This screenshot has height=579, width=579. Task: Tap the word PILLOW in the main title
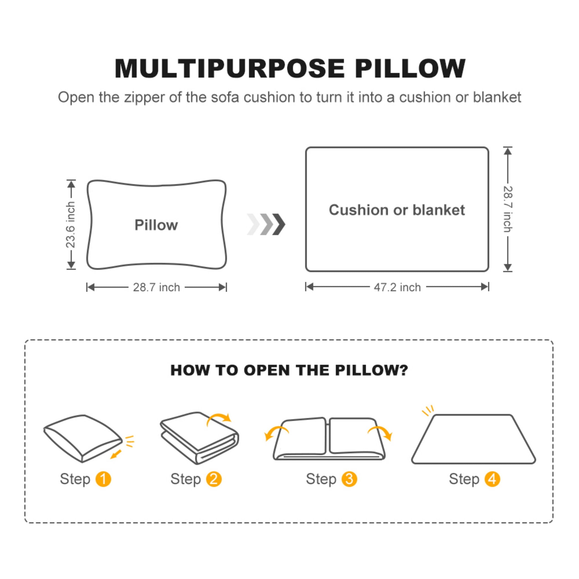coord(410,69)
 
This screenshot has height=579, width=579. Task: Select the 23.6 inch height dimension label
coord(71,225)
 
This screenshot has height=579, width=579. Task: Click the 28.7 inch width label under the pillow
coord(156,288)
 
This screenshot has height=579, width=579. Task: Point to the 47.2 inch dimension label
coord(397,288)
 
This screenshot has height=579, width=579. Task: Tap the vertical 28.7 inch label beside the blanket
coord(508,209)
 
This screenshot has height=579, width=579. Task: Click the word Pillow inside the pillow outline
coord(156,225)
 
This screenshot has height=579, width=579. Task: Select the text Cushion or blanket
coord(397,210)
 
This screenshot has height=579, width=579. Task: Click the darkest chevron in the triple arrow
coord(279,224)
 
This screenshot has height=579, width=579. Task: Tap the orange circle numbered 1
coord(103,479)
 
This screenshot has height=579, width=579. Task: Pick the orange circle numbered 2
coord(214,479)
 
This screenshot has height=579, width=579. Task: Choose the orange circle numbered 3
coord(349,479)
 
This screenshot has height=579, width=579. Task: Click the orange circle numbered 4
coord(492,479)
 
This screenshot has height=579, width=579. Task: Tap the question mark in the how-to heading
coord(404,370)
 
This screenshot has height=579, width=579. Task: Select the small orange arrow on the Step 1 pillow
coord(116,454)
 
